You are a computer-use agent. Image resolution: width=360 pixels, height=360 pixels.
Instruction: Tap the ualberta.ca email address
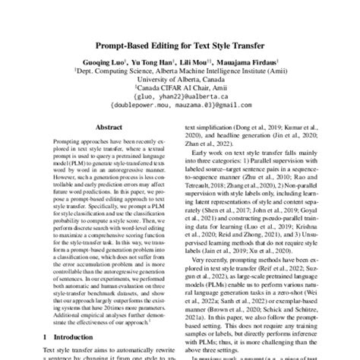(x=179, y=97)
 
